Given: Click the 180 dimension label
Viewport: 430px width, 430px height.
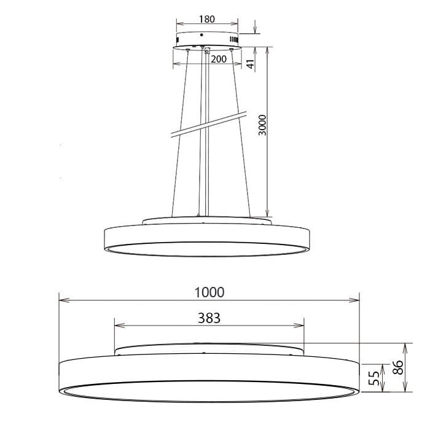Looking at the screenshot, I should click(x=207, y=19).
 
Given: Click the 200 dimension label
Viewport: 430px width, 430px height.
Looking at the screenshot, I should click(x=219, y=59).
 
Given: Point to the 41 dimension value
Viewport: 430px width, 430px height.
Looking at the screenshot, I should click(x=251, y=63).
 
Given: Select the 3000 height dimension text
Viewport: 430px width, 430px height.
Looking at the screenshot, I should click(x=262, y=126).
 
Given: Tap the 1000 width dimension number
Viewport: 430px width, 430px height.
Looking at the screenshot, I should click(x=209, y=292).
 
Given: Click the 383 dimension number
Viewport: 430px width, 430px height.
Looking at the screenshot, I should click(x=209, y=318).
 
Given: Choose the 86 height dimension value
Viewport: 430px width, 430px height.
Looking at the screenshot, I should click(x=398, y=368).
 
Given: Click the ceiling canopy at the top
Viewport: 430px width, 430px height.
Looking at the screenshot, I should click(x=207, y=40).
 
